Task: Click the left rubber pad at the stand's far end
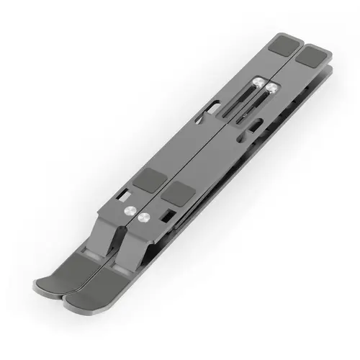coord(283,48)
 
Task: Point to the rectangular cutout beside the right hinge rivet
coord(166,215)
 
